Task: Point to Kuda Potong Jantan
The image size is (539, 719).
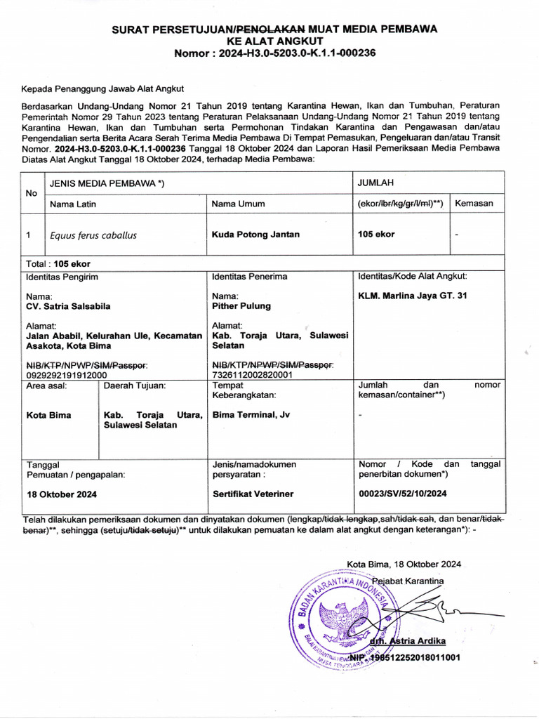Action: point(255,235)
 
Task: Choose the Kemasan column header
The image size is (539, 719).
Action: point(474,204)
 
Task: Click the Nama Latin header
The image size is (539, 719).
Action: point(72,204)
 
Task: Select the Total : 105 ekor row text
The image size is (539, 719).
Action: point(58,263)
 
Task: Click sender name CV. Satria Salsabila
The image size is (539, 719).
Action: point(68,306)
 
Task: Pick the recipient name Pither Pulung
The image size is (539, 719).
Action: point(241,306)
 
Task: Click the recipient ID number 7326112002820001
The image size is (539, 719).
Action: point(252,375)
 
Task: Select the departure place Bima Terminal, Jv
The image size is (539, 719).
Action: point(251,415)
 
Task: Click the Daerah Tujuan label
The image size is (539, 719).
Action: point(135,385)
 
